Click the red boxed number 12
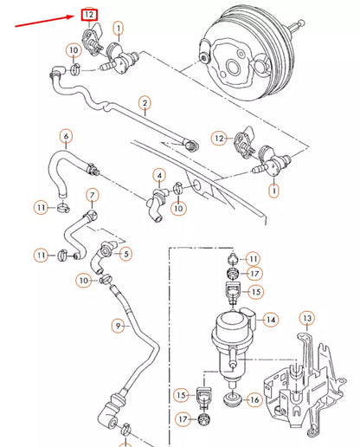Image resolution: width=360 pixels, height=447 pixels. click(x=87, y=15)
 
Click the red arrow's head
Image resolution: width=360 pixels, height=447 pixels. click(x=75, y=16)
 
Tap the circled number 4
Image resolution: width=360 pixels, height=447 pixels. click(x=159, y=176)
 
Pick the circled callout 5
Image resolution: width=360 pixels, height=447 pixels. click(x=125, y=254)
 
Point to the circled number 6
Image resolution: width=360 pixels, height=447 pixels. click(x=66, y=136)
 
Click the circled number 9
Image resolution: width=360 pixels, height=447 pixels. click(x=120, y=326)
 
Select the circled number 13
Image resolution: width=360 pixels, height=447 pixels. click(x=305, y=320)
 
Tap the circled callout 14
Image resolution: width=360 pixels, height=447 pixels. click(x=271, y=320)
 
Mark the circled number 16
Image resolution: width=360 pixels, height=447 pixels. click(x=254, y=399)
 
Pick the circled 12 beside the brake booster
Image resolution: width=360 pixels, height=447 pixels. click(x=220, y=138)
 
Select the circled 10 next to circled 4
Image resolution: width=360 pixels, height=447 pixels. click(x=178, y=208)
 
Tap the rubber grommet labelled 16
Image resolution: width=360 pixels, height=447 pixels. click(x=232, y=401)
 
